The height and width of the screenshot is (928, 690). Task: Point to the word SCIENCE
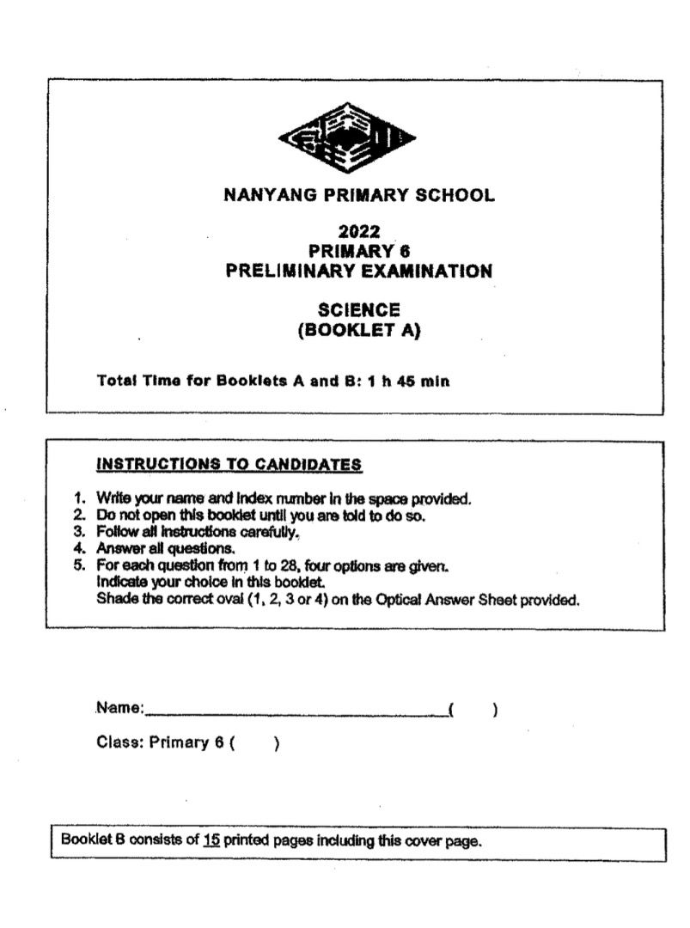(x=359, y=309)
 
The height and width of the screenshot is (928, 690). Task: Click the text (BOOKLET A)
(x=359, y=330)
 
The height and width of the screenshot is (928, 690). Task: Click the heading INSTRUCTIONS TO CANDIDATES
(x=229, y=465)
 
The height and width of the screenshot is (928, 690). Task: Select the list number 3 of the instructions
(x=77, y=532)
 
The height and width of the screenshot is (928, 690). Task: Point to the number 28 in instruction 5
(x=281, y=565)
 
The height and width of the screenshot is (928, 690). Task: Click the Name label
(x=120, y=709)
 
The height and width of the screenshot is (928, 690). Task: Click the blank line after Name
(x=296, y=712)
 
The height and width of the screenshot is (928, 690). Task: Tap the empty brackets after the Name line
(x=473, y=710)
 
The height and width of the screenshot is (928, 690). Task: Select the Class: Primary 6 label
(x=162, y=743)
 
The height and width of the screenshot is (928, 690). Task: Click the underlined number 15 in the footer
(x=211, y=841)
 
